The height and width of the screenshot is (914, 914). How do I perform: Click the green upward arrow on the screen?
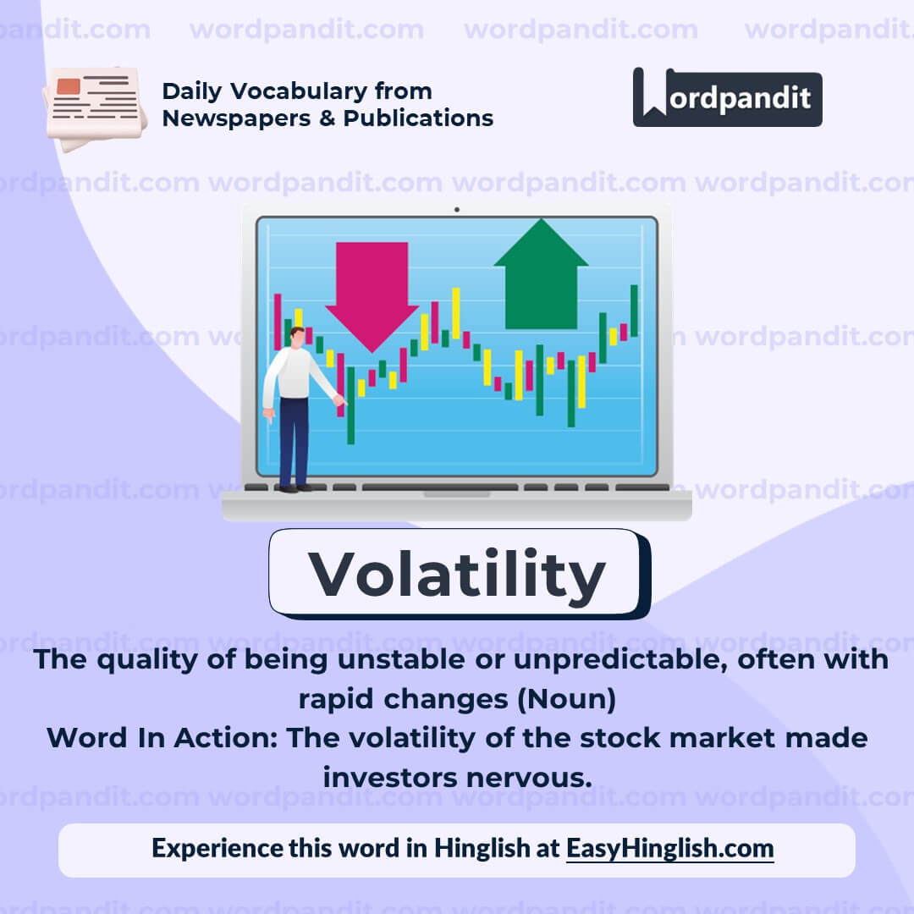(541, 275)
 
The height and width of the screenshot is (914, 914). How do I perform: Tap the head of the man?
(297, 336)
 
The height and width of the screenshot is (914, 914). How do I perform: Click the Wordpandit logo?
(727, 97)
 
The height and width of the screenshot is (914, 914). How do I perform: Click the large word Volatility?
(457, 573)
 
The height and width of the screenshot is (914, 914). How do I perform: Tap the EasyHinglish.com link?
(669, 848)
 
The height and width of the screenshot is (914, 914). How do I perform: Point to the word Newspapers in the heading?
(223, 118)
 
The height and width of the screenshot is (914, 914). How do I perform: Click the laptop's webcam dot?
(456, 209)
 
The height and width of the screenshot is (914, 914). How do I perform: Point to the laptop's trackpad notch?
(456, 493)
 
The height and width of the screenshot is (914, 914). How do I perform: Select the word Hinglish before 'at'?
(482, 848)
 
